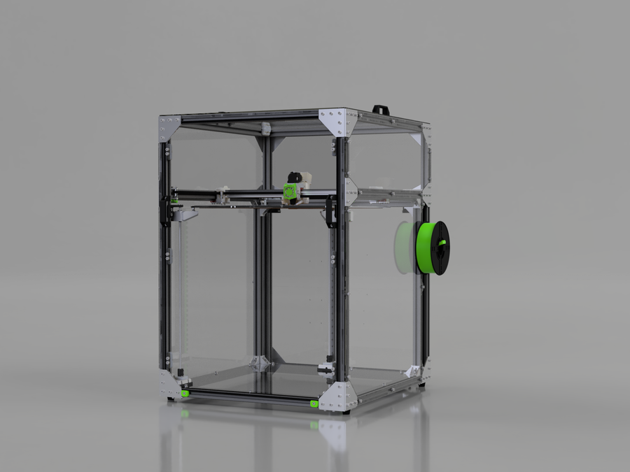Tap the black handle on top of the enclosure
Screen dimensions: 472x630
[380, 109]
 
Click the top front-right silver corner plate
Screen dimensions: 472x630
[339, 121]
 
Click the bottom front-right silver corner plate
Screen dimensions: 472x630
[340, 396]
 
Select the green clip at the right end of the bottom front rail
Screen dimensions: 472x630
[314, 403]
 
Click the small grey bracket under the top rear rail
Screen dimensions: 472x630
[265, 129]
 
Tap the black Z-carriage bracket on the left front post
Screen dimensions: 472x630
[166, 210]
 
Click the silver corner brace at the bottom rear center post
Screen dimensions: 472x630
[259, 364]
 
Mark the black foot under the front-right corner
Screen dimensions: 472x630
[346, 412]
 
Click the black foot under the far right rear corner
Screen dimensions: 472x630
[421, 384]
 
